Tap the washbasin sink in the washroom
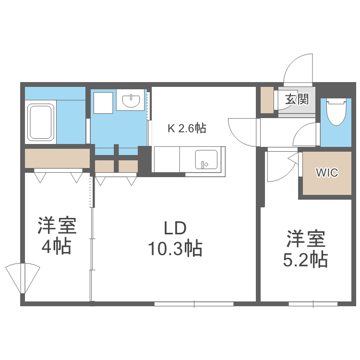point(131,101)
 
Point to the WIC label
point(326,172)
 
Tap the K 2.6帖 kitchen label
point(187,128)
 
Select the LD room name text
point(175,227)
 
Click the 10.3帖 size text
point(175,249)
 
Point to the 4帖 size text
point(56,246)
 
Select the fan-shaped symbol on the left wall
point(22,278)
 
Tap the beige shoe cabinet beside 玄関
point(267,100)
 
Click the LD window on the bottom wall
point(194,304)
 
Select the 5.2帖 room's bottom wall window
point(313,304)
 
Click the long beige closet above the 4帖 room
point(58,158)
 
